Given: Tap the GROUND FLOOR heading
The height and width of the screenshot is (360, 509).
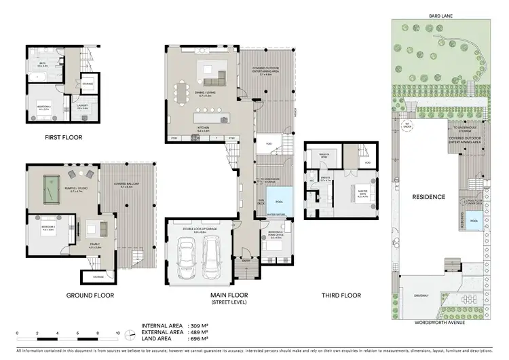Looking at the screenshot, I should pyautogui.click(x=90, y=295).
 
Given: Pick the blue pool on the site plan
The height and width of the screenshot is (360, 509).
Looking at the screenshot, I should pyautogui.click(x=474, y=221).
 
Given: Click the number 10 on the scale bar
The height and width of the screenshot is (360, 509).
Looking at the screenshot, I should pyautogui.click(x=118, y=334).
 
